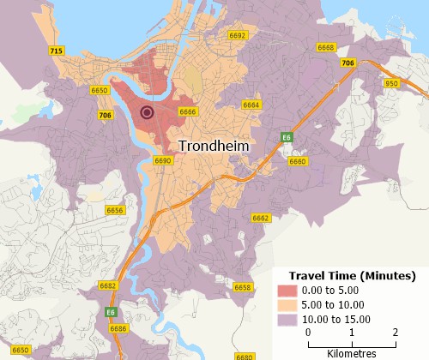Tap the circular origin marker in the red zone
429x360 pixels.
click(147, 112)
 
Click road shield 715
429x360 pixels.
click(57, 51)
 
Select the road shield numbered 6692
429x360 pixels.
click(238, 36)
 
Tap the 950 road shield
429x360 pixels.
click(392, 83)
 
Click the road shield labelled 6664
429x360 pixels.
click(251, 105)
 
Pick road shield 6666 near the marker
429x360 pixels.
click(188, 111)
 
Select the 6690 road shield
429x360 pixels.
click(163, 160)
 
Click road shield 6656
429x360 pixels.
click(115, 210)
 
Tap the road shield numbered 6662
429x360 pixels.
click(261, 219)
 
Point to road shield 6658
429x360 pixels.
click(243, 287)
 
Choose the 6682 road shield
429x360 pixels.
click(108, 285)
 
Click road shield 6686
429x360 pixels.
click(119, 328)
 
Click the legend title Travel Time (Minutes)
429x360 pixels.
click(352, 275)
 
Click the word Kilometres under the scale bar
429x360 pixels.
click(352, 352)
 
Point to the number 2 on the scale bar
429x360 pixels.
click(396, 332)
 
